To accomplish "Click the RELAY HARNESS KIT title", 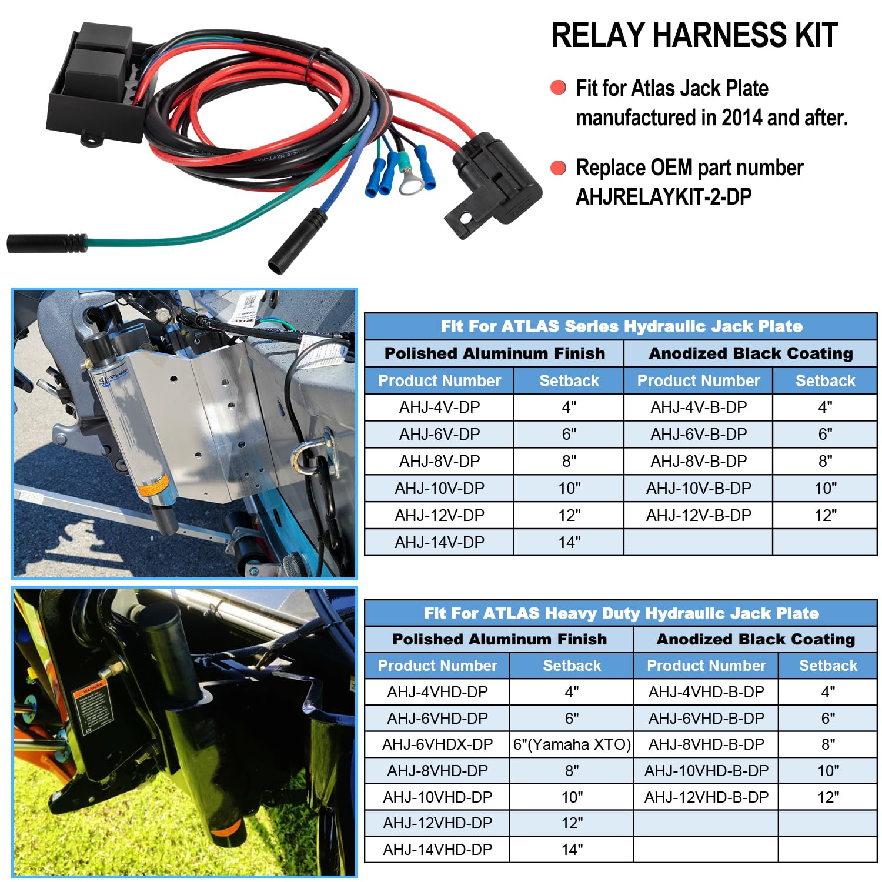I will (694, 35).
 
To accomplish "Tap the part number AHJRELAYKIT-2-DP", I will (663, 196).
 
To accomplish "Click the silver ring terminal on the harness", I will (409, 183).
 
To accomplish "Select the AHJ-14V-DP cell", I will (439, 542).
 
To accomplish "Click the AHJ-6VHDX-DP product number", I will (437, 744).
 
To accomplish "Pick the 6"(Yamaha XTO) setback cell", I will (572, 744).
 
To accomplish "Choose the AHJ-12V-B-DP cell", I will (699, 515).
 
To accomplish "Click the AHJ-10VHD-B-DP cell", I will (706, 771).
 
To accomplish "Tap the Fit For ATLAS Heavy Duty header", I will (621, 613).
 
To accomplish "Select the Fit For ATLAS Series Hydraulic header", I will (621, 326).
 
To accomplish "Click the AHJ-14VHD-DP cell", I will (437, 850).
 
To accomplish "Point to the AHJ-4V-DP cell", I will (439, 407).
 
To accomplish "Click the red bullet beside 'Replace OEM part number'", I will (558, 168).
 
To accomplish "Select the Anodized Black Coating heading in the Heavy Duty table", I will (756, 639).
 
